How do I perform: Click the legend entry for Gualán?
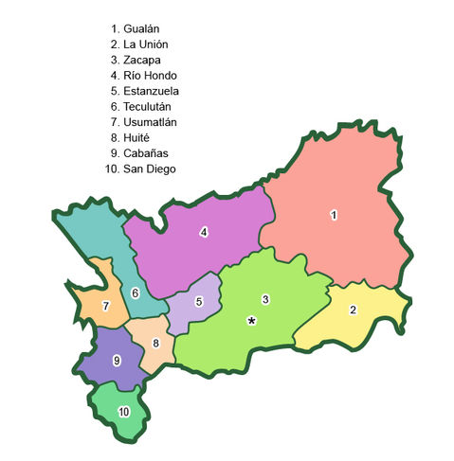141,29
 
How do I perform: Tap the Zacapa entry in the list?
141,60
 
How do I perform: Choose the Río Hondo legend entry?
150,75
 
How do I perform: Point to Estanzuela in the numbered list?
151,91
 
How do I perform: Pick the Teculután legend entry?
150,106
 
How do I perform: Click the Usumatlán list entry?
151,122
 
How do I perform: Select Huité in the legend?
137,137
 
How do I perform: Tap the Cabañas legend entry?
145,152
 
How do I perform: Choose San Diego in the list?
146,168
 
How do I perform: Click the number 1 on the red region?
334,215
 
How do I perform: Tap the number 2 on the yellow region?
354,310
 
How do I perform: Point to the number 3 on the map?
265,300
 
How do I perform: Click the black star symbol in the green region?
251,321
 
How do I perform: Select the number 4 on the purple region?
204,232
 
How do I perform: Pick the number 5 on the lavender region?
199,302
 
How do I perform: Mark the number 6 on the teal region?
136,293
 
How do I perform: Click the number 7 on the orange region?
106,305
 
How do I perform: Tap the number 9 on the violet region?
117,360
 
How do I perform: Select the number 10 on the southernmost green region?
123,412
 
